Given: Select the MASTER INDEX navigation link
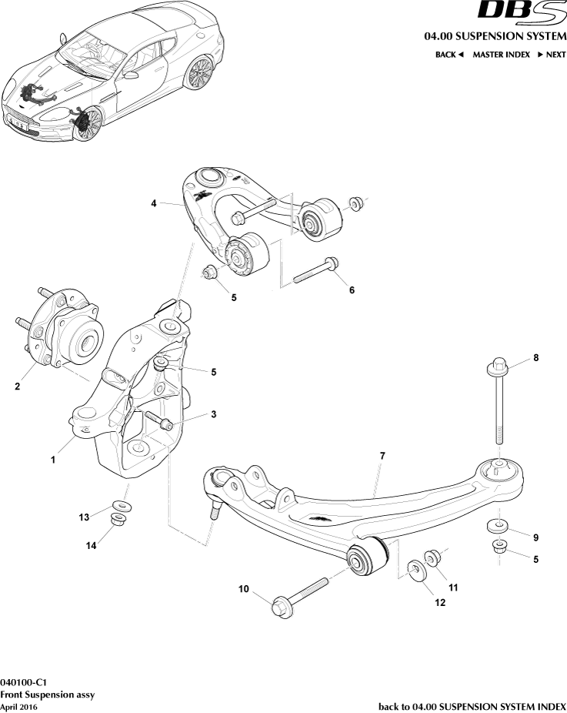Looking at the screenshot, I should pos(501,55).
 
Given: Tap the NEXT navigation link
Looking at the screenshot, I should pos(551,55).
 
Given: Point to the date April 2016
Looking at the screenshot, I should pos(18,706).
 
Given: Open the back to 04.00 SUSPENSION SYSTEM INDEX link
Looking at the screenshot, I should pos(472,706).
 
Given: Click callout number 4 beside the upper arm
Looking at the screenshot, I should pos(154,203).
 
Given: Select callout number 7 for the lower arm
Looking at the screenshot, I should pos(382,456).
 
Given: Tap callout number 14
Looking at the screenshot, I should pos(91,545).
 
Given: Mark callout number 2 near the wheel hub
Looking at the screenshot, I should pos(17,387).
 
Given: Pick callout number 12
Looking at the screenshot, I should pos(440,603).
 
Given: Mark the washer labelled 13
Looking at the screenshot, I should pos(121,506).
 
